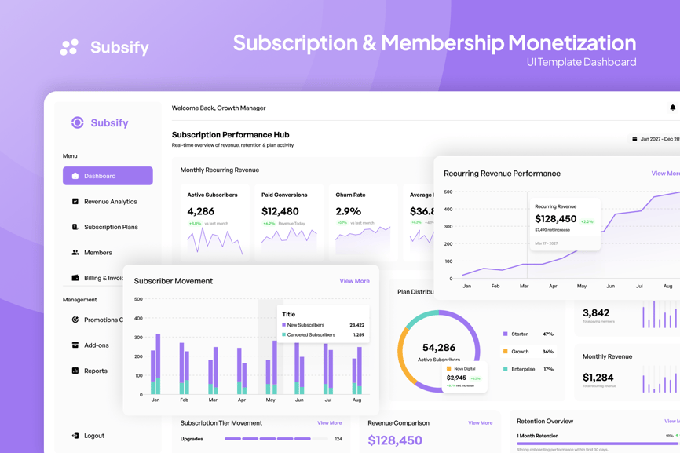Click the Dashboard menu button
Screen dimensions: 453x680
pos(108,176)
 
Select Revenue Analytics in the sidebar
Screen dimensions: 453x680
pos(110,202)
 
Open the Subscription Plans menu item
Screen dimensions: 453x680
pos(111,227)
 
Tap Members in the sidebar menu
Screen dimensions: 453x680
pos(98,253)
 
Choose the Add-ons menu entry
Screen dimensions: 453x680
pos(97,345)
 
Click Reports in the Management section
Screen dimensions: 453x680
pos(96,371)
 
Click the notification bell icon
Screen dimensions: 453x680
pos(672,108)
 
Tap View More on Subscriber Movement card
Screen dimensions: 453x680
pos(354,281)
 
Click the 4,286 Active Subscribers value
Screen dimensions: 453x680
pos(201,211)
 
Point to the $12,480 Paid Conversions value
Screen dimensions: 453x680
pos(280,211)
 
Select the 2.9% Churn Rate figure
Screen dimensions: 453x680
pos(349,211)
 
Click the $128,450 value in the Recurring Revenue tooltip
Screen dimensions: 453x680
pos(556,219)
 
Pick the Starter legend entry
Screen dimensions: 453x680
pos(519,334)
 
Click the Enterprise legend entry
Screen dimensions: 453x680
pos(523,369)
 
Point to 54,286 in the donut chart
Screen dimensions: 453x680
pos(439,347)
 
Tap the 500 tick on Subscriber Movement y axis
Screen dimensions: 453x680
pos(138,299)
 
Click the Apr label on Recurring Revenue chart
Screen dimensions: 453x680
pos(553,286)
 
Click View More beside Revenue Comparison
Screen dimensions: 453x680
pos(480,423)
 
